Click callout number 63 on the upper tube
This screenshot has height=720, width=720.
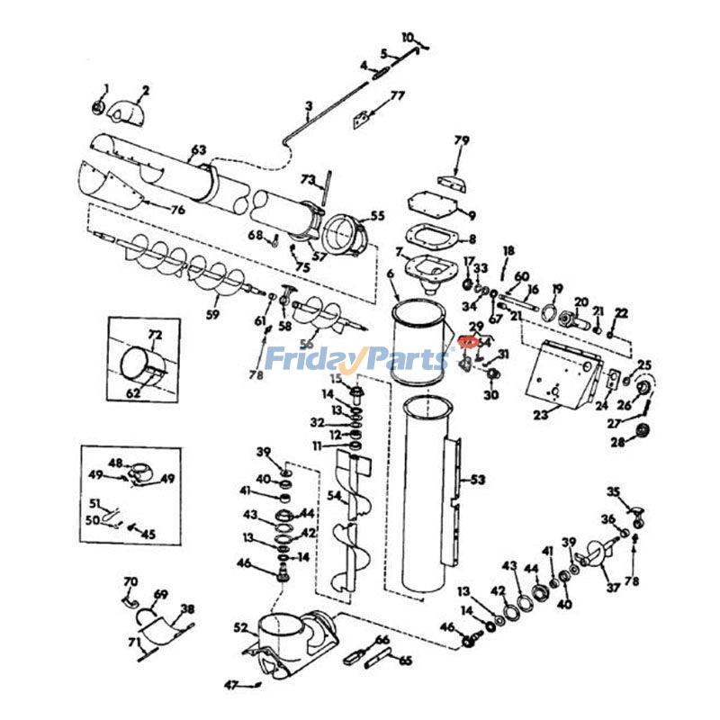[198, 149]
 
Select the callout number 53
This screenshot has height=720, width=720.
[477, 480]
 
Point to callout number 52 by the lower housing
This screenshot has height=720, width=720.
[240, 627]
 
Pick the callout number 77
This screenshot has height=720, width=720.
[397, 95]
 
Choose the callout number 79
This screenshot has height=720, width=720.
[461, 140]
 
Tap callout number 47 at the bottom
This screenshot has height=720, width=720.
[230, 686]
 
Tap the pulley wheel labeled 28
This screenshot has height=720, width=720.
[642, 431]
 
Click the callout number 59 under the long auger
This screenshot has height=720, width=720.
[212, 314]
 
